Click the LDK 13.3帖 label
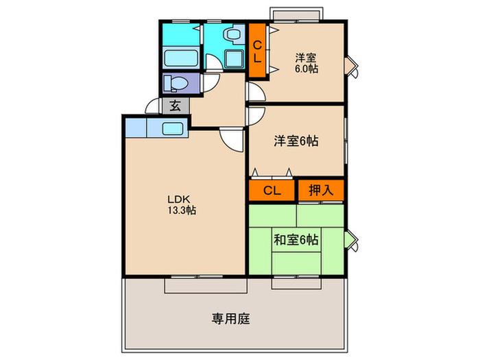tap(182, 204)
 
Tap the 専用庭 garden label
tap(231, 319)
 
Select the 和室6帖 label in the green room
tap(296, 240)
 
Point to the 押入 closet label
tap(321, 190)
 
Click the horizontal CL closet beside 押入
tap(272, 191)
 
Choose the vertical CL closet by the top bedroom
tap(257, 51)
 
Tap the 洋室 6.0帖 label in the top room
tap(306, 63)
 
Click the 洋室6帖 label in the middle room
tap(296, 141)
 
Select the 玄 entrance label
tap(175, 106)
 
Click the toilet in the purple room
tap(176, 83)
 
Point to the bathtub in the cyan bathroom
tap(180, 58)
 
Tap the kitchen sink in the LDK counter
tap(173, 129)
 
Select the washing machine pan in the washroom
tap(235, 59)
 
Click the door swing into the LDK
tap(232, 140)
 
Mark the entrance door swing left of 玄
tap(152, 106)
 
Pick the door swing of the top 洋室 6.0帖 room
tap(256, 91)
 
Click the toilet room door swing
tap(211, 83)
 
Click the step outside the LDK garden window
tap(206, 286)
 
